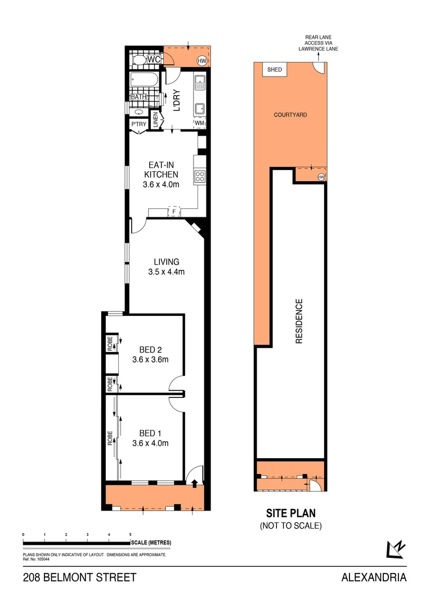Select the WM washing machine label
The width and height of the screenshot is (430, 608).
pyautogui.click(x=199, y=122)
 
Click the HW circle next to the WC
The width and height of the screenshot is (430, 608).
pyautogui.click(x=201, y=60)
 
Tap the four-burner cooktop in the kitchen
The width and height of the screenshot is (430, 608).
pyautogui.click(x=200, y=177)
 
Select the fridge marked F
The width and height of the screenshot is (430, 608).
pyautogui.click(x=175, y=212)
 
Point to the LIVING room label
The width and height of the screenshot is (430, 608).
pyautogui.click(x=167, y=262)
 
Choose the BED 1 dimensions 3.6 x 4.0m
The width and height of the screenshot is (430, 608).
pyautogui.click(x=150, y=443)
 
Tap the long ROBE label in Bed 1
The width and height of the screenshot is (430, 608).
pyautogui.click(x=111, y=437)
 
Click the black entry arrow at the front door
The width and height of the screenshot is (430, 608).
pyautogui.click(x=194, y=482)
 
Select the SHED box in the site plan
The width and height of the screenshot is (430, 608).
pyautogui.click(x=275, y=70)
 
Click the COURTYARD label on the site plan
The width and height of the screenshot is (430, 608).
pyautogui.click(x=290, y=114)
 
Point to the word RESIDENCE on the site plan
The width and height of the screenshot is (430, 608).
pyautogui.click(x=299, y=321)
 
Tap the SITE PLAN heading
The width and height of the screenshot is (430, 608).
pyautogui.click(x=290, y=513)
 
